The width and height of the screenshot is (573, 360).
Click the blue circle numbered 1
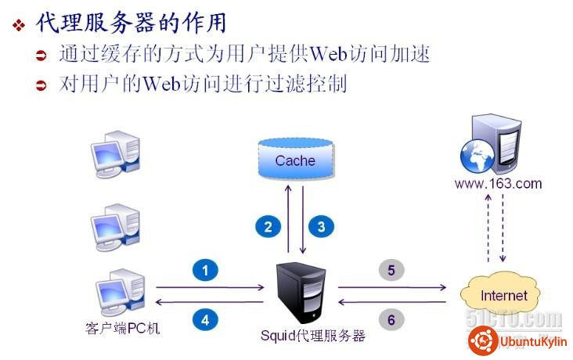coord(205,271)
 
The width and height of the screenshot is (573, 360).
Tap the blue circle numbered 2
coord(268,227)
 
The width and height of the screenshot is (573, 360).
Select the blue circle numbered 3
coord(321,227)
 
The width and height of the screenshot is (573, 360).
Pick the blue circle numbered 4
coord(205,319)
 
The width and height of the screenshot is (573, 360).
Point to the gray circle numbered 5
coord(391,270)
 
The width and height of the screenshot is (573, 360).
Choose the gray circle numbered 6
coord(391,319)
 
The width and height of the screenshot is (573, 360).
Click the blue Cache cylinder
coord(295,160)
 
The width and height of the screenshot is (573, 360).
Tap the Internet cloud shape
coord(503,296)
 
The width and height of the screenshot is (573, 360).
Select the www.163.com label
coord(497,184)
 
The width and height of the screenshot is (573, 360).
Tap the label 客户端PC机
coord(121,327)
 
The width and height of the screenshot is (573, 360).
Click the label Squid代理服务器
coord(313,336)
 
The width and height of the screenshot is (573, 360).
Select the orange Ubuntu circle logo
coord(483,341)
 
